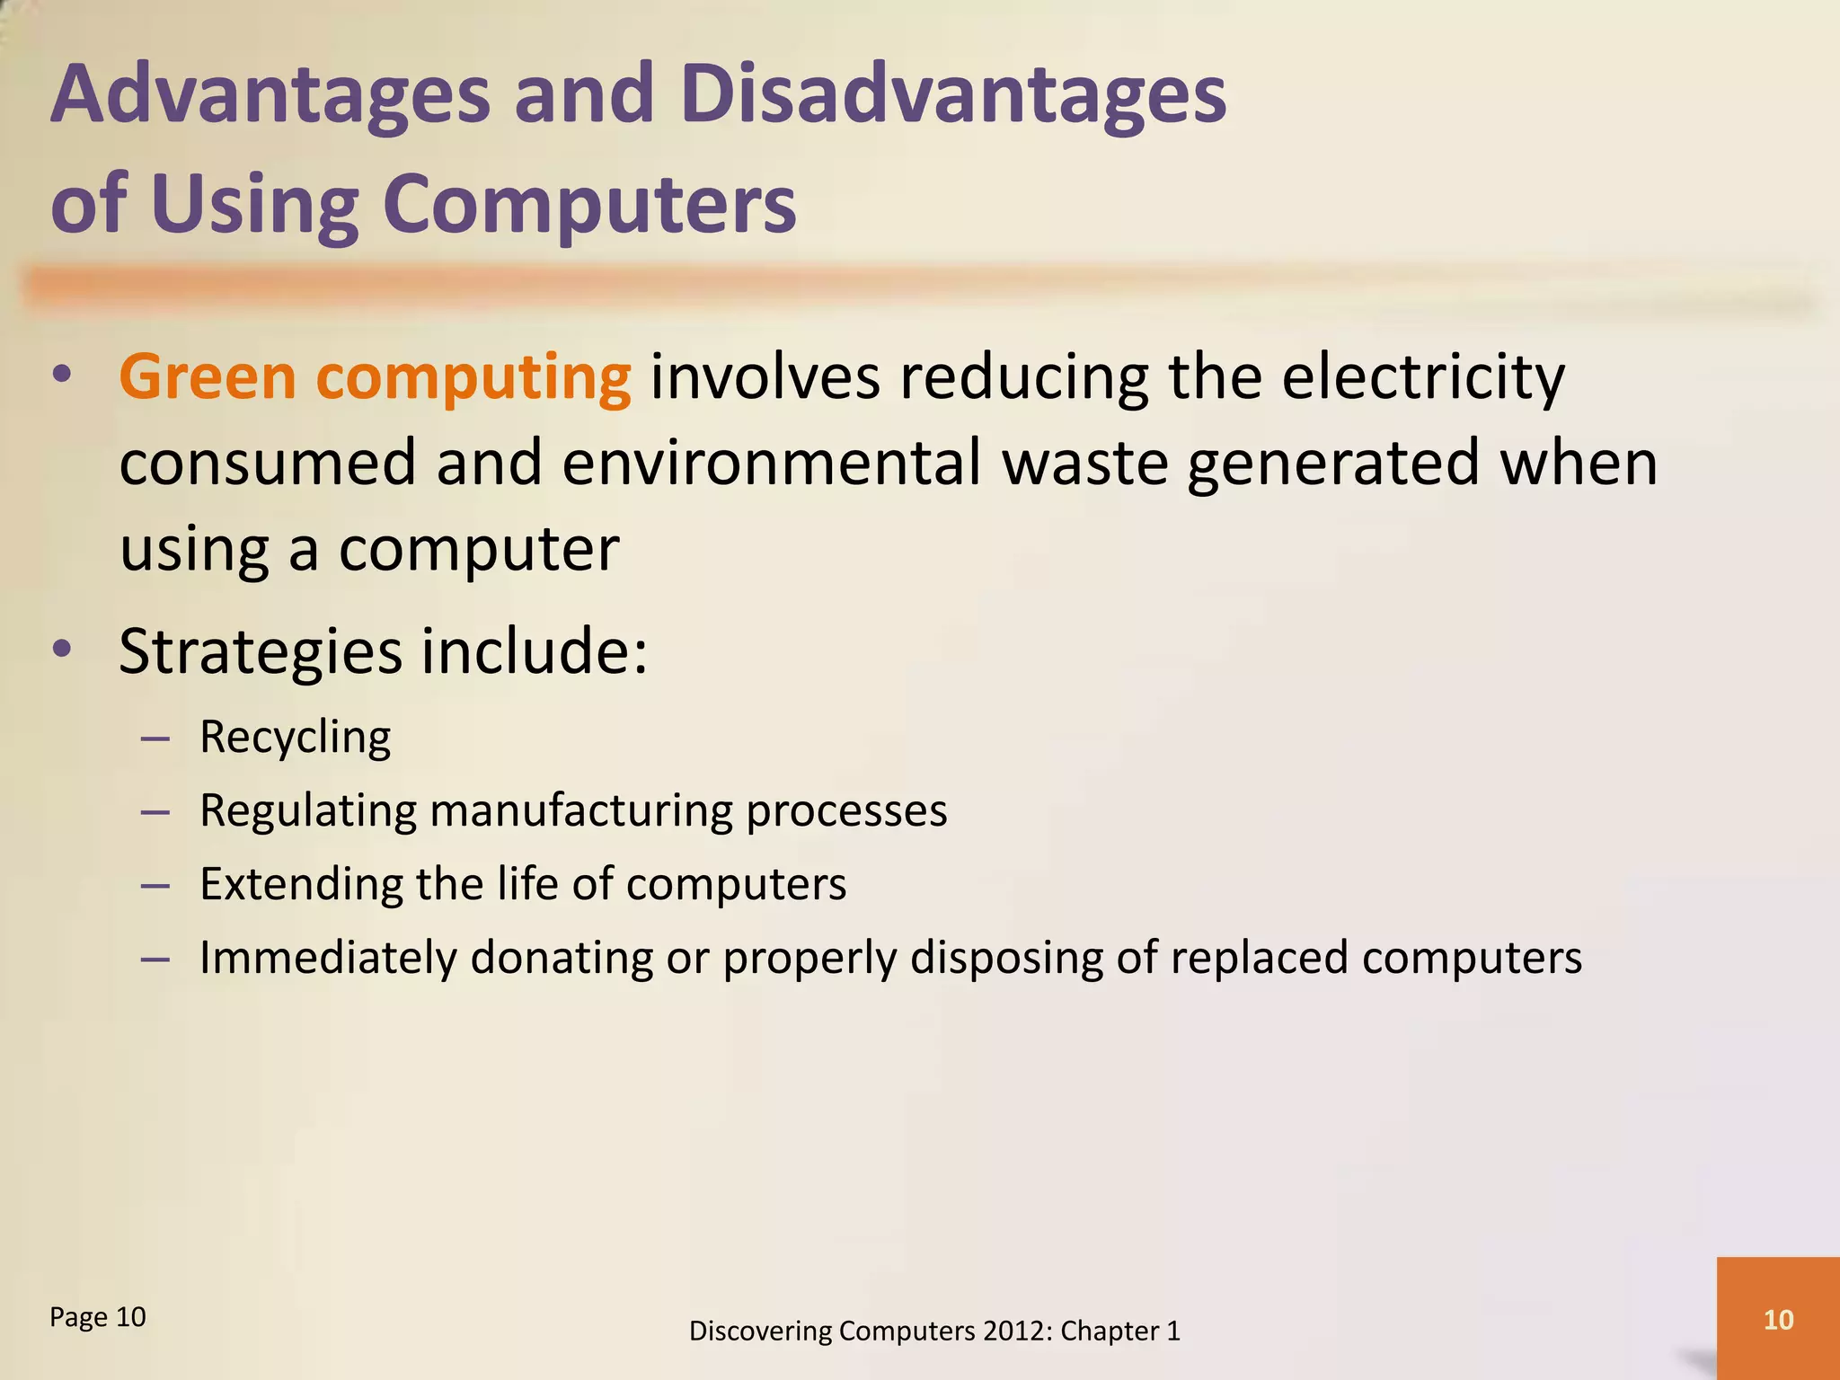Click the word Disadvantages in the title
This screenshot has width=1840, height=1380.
[x=953, y=96]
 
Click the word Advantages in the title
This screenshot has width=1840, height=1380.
[x=270, y=96]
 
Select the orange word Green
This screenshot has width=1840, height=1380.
[x=208, y=376]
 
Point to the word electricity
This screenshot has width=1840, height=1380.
[x=1423, y=376]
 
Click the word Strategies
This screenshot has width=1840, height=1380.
[x=261, y=651]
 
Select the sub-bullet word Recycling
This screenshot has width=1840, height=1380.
[x=295, y=738]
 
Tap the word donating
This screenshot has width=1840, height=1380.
[x=561, y=958]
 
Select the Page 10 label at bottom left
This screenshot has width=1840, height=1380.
[x=97, y=1317]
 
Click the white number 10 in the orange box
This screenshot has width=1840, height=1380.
[x=1778, y=1320]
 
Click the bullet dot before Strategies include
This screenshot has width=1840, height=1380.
[x=61, y=649]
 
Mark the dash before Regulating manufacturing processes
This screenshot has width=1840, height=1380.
[x=155, y=811]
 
